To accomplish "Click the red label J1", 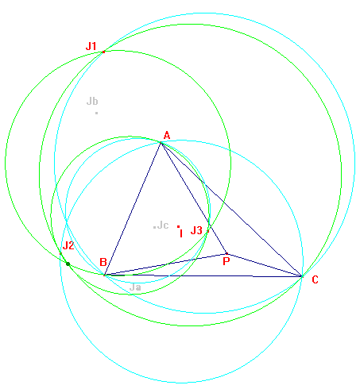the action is tap(91, 46).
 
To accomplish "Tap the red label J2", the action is tap(68, 245).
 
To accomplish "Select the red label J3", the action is tap(196, 230).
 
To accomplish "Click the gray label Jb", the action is tap(92, 101).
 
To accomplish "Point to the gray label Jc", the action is tap(163, 225).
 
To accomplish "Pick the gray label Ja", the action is tap(135, 287).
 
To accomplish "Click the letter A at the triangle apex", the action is tap(167, 135).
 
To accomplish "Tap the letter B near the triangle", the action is tap(103, 262).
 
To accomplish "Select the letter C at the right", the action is tap(315, 279).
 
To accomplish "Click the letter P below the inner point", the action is tap(226, 261).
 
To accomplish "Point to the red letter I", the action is tap(181, 233).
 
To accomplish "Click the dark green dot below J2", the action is tap(68, 264).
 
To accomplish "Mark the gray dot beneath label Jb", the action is tap(97, 113).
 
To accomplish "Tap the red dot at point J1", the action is tap(103, 52).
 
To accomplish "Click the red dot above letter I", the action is tap(179, 226).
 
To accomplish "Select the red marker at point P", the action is tap(226, 253).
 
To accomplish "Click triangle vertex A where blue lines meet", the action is tap(161, 143).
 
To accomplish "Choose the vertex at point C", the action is tap(302, 276).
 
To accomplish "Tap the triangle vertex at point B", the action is tap(105, 275).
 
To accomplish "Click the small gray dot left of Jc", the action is tap(154, 227).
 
